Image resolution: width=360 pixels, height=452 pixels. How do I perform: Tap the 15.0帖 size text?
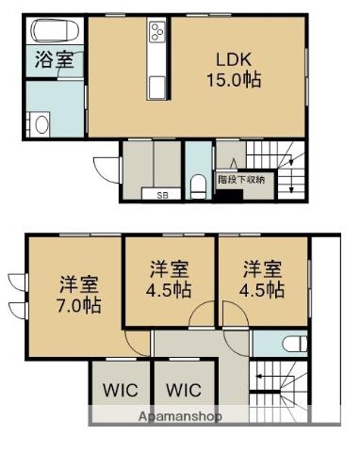click(x=234, y=80)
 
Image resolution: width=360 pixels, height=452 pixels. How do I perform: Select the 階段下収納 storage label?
click(x=241, y=178)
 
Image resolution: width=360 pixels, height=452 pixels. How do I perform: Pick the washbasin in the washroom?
click(x=39, y=125)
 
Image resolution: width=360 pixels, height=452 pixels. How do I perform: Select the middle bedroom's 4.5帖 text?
click(x=170, y=289)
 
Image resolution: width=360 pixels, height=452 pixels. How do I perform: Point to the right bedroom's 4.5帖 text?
click(x=262, y=289)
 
